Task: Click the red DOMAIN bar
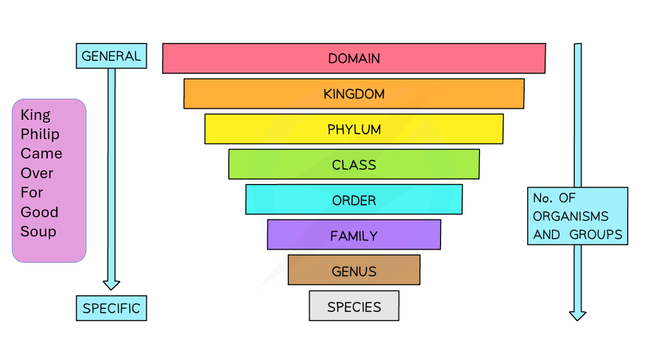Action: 354,58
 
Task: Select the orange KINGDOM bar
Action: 354,94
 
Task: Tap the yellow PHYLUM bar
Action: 354,129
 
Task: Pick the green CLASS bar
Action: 354,164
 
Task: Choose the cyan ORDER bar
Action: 354,200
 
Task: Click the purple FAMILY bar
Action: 354,235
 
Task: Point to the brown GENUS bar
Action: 354,270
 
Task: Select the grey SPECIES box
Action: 354,306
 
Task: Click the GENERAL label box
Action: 111,56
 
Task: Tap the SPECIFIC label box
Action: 111,308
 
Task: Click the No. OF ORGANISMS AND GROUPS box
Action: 577,216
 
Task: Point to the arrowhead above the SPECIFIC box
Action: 111,284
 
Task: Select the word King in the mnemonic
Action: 35,115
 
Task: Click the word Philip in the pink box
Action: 40,135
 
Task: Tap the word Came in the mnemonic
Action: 41,153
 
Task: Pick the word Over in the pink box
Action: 37,173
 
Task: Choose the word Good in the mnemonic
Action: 39,212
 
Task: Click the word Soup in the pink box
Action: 38,231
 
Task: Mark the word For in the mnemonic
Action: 32,192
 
